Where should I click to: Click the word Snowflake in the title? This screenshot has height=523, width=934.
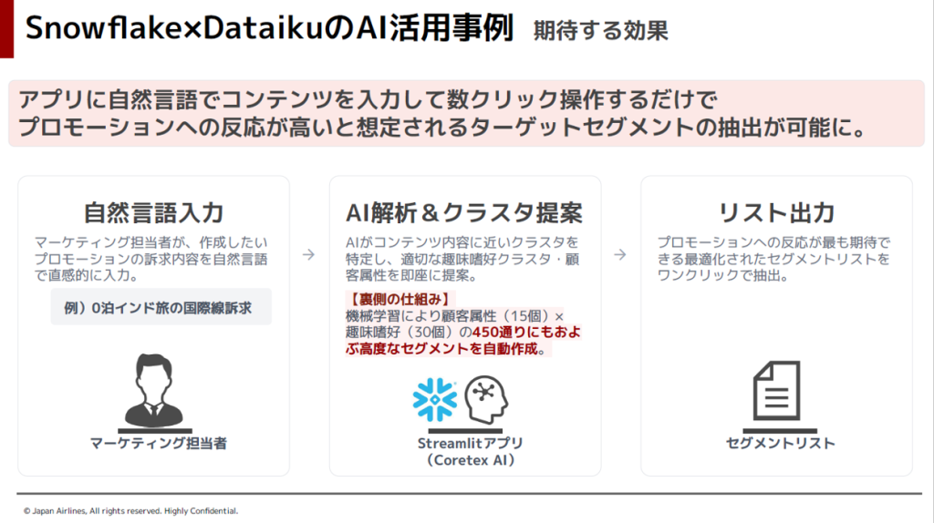pyautogui.click(x=105, y=28)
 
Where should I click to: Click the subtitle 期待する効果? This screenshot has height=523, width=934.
pyautogui.click(x=600, y=30)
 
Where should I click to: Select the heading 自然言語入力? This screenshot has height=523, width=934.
pyautogui.click(x=153, y=212)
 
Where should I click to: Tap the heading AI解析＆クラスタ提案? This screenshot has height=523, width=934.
pyautogui.click(x=464, y=212)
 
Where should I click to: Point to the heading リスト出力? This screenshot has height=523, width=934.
pyautogui.click(x=777, y=212)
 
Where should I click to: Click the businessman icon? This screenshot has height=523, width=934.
pyautogui.click(x=153, y=390)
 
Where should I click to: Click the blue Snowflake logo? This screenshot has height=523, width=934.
pyautogui.click(x=435, y=399)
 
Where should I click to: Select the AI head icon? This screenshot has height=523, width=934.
pyautogui.click(x=486, y=399)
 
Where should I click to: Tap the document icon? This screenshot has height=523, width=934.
pyautogui.click(x=777, y=390)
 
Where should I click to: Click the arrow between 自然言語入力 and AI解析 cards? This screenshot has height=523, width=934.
pyautogui.click(x=308, y=254)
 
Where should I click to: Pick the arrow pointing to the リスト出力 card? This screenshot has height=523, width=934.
pyautogui.click(x=620, y=254)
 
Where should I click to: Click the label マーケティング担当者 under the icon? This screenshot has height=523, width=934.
pyautogui.click(x=158, y=443)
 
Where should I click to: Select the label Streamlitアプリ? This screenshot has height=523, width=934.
pyautogui.click(x=470, y=443)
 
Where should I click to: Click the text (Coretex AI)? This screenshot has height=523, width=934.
pyautogui.click(x=470, y=460)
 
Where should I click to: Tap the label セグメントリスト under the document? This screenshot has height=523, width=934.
pyautogui.click(x=781, y=443)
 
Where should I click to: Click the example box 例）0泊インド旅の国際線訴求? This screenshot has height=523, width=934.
pyautogui.click(x=161, y=307)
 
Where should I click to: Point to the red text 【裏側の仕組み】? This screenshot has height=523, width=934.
pyautogui.click(x=400, y=299)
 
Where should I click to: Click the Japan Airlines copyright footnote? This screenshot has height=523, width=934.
pyautogui.click(x=130, y=510)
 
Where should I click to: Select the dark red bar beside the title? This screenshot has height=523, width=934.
pyautogui.click(x=6, y=28)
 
